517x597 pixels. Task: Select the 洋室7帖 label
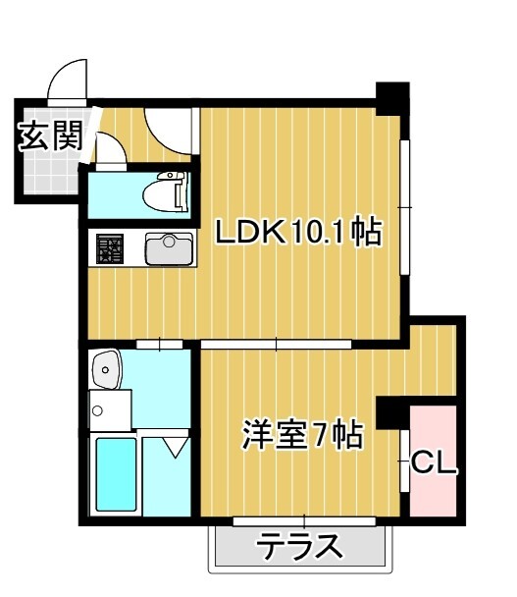click(x=303, y=433)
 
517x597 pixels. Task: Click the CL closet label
click(x=434, y=461)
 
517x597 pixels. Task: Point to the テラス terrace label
click(x=301, y=546)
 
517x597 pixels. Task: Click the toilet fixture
click(x=166, y=192)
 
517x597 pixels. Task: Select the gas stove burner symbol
click(x=110, y=248)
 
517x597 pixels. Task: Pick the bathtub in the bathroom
click(x=115, y=473)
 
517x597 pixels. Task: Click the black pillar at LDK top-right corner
click(x=394, y=96)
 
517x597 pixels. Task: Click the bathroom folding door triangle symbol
click(x=175, y=448)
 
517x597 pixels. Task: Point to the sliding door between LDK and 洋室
click(x=276, y=344)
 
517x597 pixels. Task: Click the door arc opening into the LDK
click(x=167, y=125)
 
